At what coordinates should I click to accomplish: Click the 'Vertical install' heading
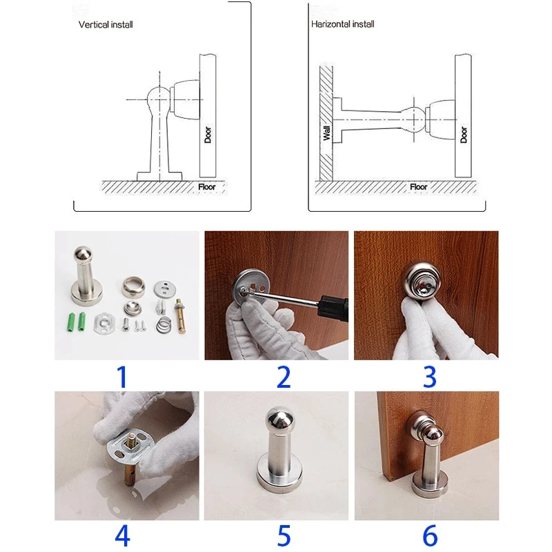pyautogui.click(x=106, y=25)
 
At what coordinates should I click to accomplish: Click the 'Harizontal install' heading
pyautogui.click(x=342, y=24)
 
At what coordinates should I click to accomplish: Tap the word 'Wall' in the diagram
pyautogui.click(x=326, y=133)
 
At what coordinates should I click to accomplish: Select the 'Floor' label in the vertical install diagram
pyautogui.click(x=206, y=186)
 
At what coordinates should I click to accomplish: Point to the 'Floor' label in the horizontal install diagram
pyautogui.click(x=419, y=186)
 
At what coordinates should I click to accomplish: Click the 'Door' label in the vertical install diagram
pyautogui.click(x=208, y=135)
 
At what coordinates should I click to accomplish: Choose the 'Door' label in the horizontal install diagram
pyautogui.click(x=464, y=135)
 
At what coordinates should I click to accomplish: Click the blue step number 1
pyautogui.click(x=122, y=377)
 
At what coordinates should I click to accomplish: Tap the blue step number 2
pyautogui.click(x=284, y=377)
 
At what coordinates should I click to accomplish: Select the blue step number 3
pyautogui.click(x=429, y=377)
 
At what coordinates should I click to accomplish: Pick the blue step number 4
pyautogui.click(x=123, y=535)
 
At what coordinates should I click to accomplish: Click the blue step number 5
pyautogui.click(x=284, y=536)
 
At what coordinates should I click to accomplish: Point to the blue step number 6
pyautogui.click(x=430, y=536)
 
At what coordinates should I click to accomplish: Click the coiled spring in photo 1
pyautogui.click(x=164, y=324)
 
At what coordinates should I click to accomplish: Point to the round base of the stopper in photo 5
pyautogui.click(x=279, y=475)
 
